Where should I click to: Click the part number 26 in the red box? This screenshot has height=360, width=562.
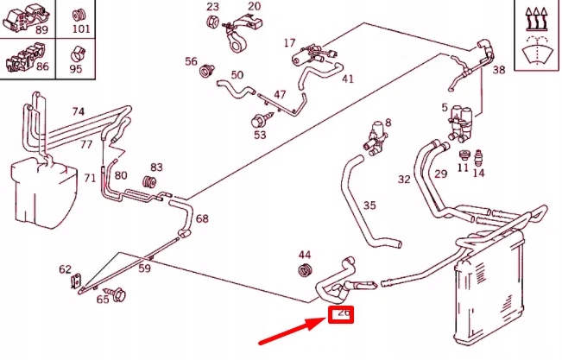[x=343, y=316]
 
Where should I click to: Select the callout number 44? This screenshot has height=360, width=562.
[x=304, y=255]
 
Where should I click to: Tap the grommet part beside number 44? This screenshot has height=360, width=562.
[x=304, y=274]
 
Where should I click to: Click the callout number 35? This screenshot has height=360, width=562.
[x=369, y=206]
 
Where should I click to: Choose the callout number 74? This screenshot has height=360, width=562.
[x=79, y=111]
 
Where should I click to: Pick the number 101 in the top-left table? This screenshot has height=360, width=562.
[x=79, y=28]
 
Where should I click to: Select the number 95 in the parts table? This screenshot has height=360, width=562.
[x=76, y=68]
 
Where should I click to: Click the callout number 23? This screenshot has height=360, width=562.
[x=212, y=7]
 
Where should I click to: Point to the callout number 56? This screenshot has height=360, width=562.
[x=191, y=61]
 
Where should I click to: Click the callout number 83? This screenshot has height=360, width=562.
[x=156, y=167]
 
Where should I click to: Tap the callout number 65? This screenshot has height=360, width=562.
[x=103, y=300]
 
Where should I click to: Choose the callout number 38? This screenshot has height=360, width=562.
[x=498, y=70]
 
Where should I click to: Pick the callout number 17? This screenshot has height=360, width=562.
[x=290, y=42]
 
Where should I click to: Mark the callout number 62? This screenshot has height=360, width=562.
[x=66, y=269]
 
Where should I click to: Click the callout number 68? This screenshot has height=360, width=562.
[x=202, y=218]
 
